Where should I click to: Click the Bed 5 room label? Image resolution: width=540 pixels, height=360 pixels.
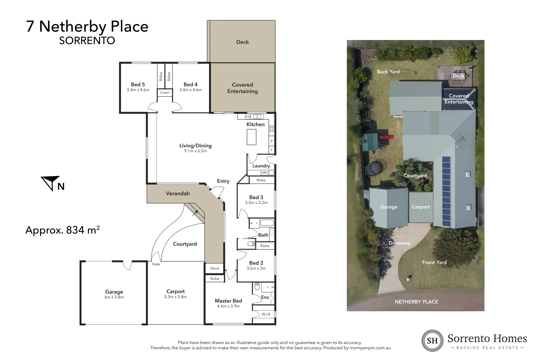(138, 85)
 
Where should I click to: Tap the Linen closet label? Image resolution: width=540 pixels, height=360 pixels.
(165, 93)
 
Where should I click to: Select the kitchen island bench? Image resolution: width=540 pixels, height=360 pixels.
(251, 137)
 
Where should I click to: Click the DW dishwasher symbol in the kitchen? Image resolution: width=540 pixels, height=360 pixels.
(247, 117)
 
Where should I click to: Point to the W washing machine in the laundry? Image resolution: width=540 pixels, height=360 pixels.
(264, 172)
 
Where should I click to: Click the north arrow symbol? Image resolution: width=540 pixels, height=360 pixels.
(51, 183)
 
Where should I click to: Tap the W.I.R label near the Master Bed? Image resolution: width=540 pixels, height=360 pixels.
(266, 314)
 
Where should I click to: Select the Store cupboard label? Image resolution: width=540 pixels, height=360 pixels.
(215, 268)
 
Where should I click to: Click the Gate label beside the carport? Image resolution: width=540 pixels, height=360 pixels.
(156, 264)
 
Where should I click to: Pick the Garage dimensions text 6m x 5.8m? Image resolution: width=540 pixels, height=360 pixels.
(114, 297)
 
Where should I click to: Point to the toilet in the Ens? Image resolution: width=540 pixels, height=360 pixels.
(257, 287)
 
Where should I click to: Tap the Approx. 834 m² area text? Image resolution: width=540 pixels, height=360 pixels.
(62, 230)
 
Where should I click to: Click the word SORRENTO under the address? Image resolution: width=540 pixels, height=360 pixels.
(87, 41)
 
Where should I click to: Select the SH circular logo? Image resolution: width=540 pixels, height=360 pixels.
(432, 340)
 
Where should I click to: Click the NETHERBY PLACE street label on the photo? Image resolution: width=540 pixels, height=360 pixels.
(416, 302)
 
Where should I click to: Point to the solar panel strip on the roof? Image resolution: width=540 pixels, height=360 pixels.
(446, 192)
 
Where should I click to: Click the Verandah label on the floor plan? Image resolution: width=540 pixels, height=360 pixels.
(178, 194)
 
